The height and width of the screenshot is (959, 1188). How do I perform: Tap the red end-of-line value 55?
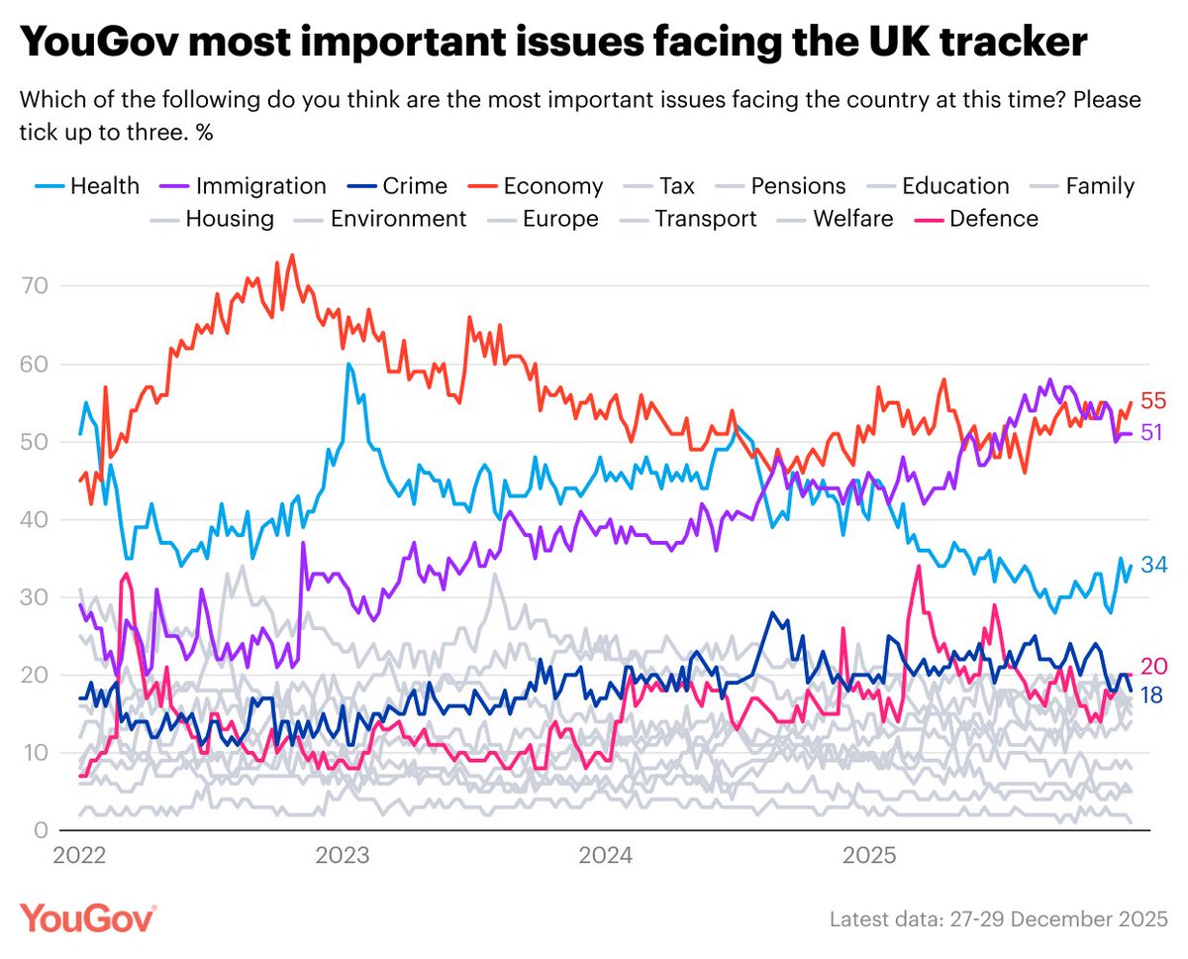[1154, 401]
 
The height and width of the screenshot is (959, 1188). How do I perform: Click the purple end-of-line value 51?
[1154, 433]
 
